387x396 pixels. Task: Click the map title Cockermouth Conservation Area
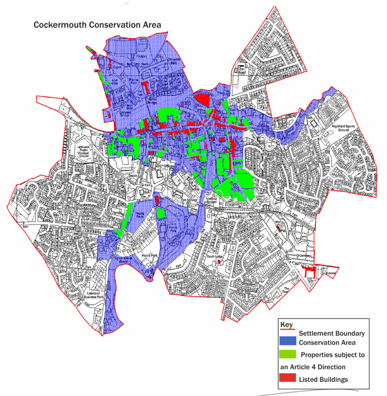pyautogui.click(x=97, y=25)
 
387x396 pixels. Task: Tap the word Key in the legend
pyautogui.click(x=286, y=324)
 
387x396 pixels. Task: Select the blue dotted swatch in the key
pyautogui.click(x=287, y=340)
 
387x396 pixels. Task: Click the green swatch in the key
pyautogui.click(x=287, y=354)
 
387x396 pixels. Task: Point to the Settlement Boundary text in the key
pyautogui.click(x=332, y=333)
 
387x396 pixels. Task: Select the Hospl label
pyautogui.click(x=242, y=72)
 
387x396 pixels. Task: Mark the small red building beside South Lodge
pyautogui.click(x=219, y=262)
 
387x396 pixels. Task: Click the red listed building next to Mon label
pyautogui.click(x=278, y=228)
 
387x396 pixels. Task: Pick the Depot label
pyautogui.click(x=133, y=175)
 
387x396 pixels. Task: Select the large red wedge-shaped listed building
pyautogui.click(x=201, y=99)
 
